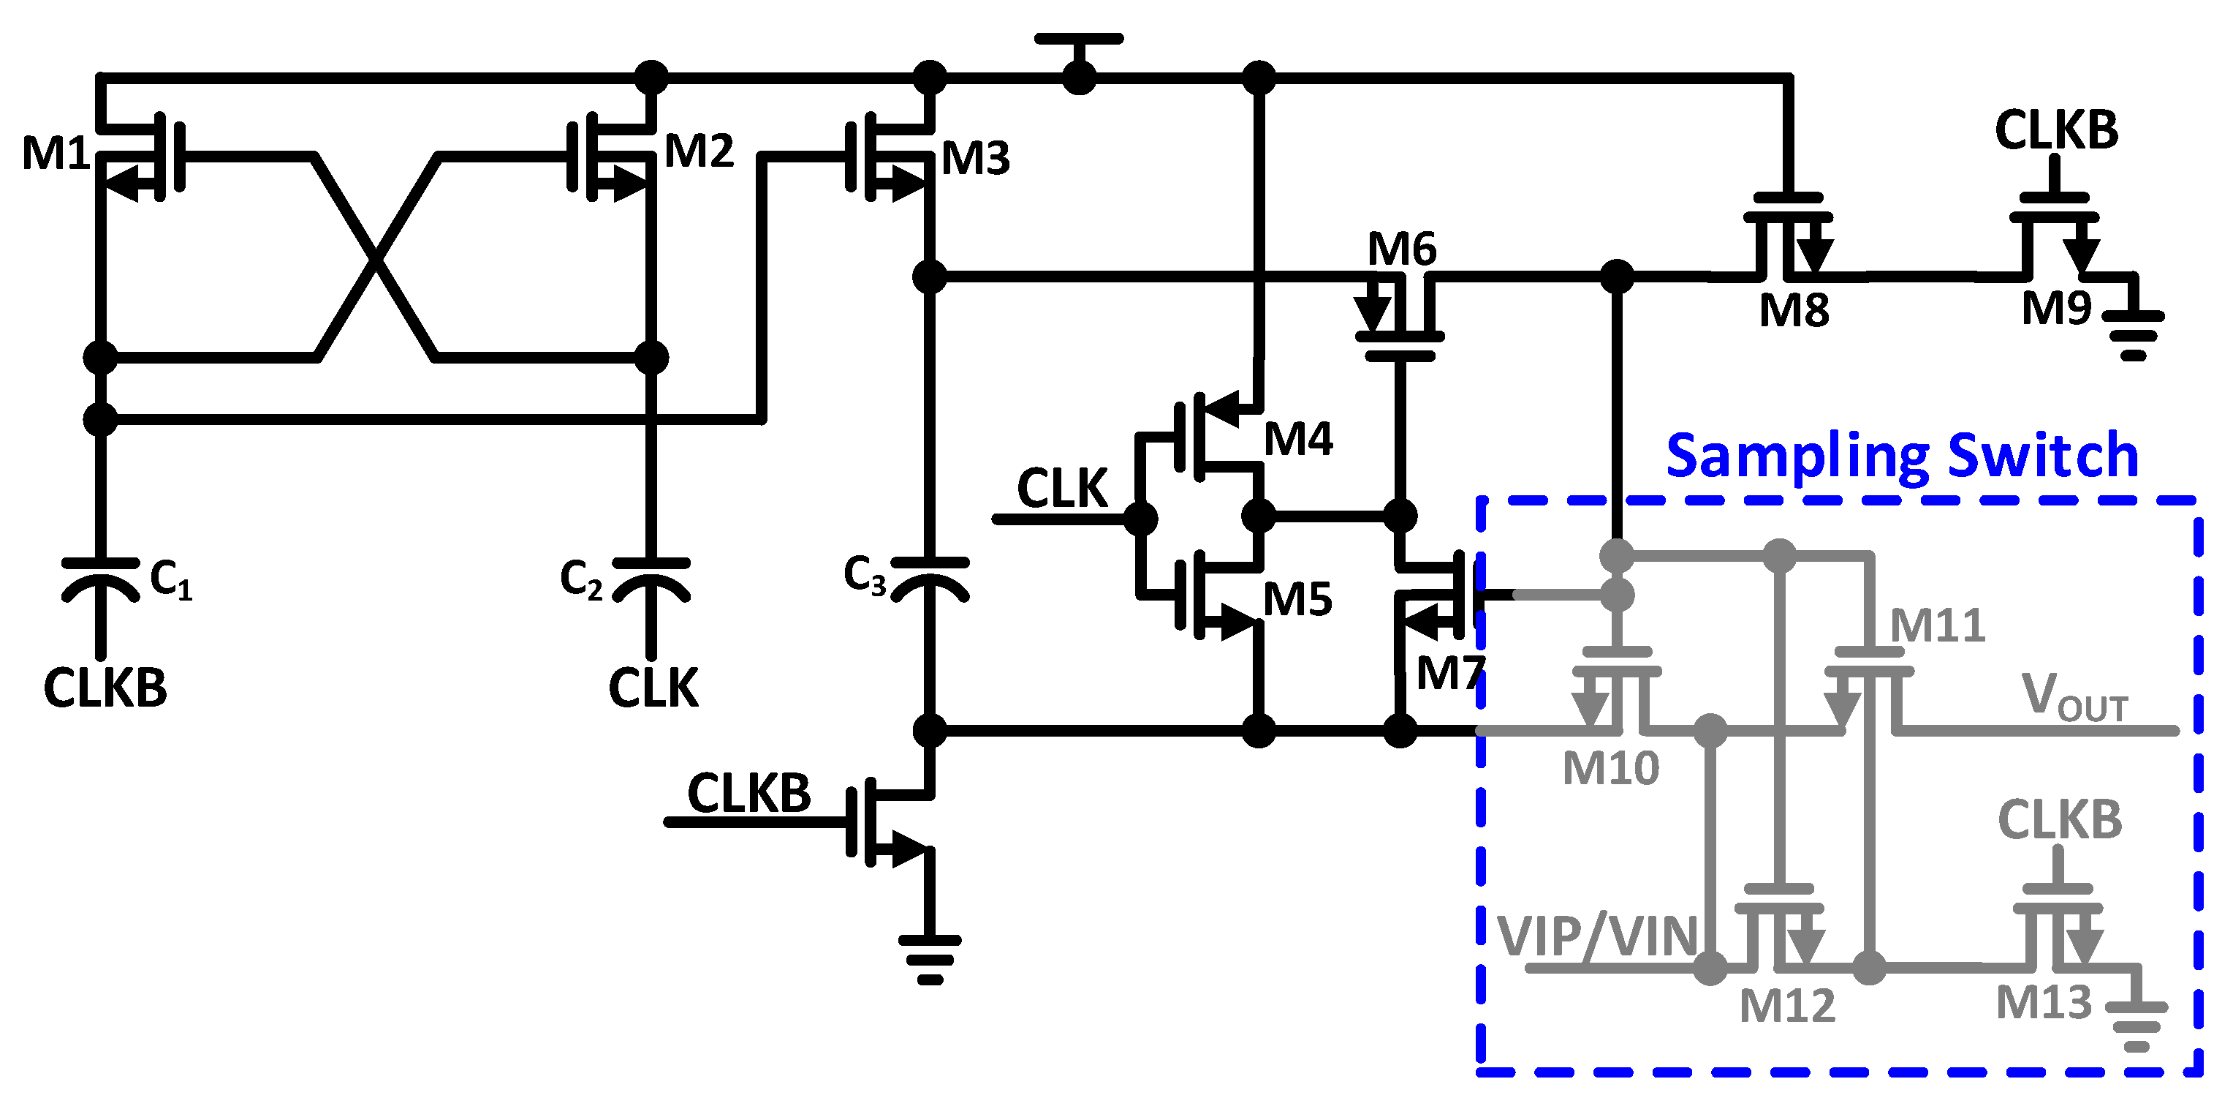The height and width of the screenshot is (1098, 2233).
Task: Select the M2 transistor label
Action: pyautogui.click(x=699, y=151)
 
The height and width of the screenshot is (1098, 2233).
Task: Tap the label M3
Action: pyautogui.click(x=975, y=159)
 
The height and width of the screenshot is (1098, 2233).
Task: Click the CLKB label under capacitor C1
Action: pyautogui.click(x=105, y=688)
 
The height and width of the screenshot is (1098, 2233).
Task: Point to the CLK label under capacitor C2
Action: pyautogui.click(x=653, y=688)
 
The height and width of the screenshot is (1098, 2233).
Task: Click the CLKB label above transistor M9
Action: pyautogui.click(x=2056, y=130)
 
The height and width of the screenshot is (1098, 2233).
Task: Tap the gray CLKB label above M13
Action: pyautogui.click(x=2060, y=819)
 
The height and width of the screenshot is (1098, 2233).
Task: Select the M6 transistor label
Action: pyautogui.click(x=1402, y=249)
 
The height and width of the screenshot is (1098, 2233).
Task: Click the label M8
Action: pyautogui.click(x=1794, y=309)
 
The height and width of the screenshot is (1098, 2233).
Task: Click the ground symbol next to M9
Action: pyautogui.click(x=2134, y=334)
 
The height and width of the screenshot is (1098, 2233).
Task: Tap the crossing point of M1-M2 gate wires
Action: pyautogui.click(x=374, y=257)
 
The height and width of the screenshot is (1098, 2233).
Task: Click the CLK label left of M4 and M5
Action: pyautogui.click(x=1062, y=489)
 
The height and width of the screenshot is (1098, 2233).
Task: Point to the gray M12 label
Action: pyautogui.click(x=1787, y=1006)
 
